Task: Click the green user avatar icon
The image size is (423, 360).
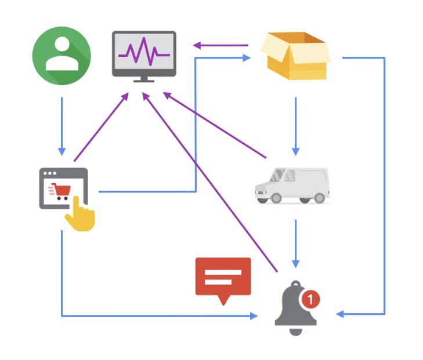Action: click(62, 56)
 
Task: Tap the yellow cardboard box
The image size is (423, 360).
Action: click(294, 56)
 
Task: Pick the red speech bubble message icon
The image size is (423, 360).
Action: click(223, 278)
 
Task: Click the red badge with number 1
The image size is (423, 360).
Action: click(311, 299)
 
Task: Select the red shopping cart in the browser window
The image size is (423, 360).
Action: click(60, 191)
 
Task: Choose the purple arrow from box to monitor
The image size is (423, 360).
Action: click(220, 45)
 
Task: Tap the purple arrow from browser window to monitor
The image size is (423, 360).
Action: click(101, 128)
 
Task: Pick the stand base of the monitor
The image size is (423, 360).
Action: click(143, 80)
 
